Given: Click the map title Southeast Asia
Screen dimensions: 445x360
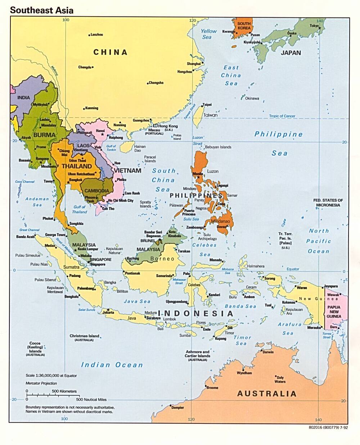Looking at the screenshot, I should click(x=41, y=10).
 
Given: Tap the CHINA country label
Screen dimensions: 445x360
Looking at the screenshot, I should click(x=111, y=52).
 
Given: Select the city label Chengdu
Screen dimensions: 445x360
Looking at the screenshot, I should click(x=85, y=67).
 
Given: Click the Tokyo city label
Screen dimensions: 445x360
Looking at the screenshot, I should click(x=314, y=26).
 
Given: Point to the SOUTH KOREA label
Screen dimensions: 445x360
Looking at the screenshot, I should click(x=244, y=26).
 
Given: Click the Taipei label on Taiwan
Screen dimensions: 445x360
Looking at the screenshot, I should click(x=207, y=105).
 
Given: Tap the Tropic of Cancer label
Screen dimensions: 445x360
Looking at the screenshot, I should click(x=282, y=116).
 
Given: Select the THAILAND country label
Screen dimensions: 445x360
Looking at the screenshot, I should click(x=77, y=166).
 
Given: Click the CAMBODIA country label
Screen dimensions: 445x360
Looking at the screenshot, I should click(x=97, y=191).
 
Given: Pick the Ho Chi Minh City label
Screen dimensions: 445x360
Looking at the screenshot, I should click(x=121, y=201).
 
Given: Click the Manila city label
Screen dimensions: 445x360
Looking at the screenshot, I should click(x=198, y=174).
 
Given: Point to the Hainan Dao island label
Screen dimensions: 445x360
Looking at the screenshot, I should click(x=140, y=148).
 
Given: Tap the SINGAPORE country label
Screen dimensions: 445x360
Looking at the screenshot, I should click(x=100, y=259).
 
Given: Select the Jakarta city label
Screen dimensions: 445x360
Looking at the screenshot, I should click(x=108, y=312).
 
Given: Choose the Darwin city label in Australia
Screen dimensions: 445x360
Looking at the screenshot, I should click(x=268, y=352).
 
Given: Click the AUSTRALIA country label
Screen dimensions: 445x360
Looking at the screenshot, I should click(x=266, y=394).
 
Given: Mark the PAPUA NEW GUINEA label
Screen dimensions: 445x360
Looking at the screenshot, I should click(x=334, y=312).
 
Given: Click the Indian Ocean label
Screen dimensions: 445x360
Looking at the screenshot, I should click(x=112, y=365).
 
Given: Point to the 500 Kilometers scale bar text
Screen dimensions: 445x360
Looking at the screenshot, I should click(x=64, y=391).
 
